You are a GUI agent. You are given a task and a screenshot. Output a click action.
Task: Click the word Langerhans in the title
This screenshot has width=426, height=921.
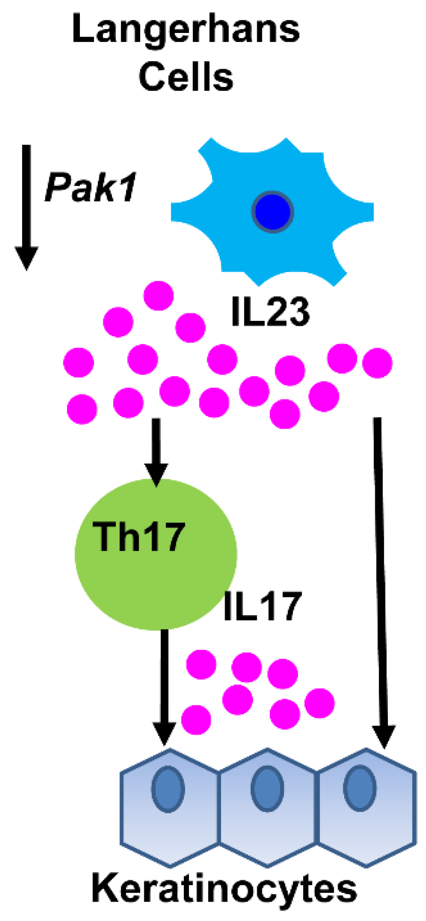pos(186,29)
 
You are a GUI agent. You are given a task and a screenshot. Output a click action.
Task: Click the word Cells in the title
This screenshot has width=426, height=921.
pos(186,78)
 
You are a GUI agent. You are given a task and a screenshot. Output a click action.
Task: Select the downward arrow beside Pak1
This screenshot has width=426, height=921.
pos(27,207)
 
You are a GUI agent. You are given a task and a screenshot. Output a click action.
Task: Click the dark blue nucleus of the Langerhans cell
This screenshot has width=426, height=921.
pos(273,212)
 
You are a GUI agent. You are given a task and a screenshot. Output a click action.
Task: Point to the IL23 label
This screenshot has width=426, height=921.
pos(270,312)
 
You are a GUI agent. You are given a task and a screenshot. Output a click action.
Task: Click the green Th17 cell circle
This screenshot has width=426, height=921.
pos(156,579)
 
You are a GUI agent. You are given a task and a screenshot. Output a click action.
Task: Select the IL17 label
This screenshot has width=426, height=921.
pos(261,607)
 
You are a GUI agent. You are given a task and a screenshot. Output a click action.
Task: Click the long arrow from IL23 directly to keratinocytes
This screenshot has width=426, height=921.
pos(381,565)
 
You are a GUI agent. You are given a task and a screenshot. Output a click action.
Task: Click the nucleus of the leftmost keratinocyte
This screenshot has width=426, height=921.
pos(168,789)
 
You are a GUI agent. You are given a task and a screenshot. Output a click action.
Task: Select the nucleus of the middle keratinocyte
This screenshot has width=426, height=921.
pos(267,789)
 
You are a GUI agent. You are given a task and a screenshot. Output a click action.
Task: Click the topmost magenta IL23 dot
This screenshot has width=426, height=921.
pos(158,296)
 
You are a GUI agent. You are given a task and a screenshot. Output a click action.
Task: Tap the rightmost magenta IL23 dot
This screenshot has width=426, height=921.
pos(377,363)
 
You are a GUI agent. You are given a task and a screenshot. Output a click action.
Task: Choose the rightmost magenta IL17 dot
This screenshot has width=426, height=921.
pos(319,703)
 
